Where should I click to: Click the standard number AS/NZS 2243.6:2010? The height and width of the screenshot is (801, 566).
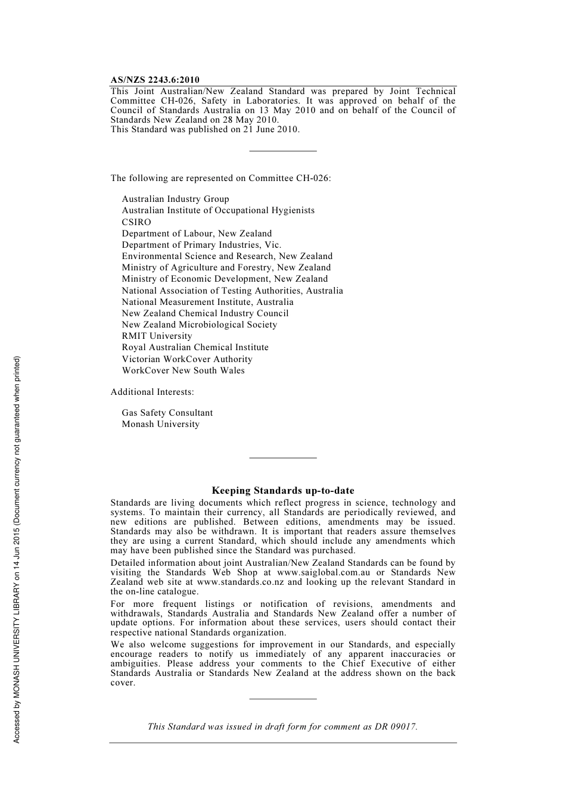point(155,80)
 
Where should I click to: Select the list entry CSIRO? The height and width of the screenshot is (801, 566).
point(136,222)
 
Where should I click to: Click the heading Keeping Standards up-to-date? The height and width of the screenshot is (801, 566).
point(283,491)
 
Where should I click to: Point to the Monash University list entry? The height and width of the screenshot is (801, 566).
point(160,424)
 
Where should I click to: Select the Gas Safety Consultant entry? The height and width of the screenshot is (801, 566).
point(167,413)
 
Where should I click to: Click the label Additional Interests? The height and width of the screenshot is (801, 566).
point(152,392)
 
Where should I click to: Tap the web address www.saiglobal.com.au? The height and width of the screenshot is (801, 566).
point(324,572)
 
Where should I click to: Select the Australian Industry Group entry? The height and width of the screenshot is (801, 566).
point(175,199)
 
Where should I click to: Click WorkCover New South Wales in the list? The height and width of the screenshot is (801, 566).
point(183,370)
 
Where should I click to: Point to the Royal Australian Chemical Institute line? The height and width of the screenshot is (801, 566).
point(195,347)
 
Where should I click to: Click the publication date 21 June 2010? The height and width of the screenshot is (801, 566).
point(270,129)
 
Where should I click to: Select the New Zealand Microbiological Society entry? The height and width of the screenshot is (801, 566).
point(199,325)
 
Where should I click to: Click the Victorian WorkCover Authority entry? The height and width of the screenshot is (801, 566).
point(187,359)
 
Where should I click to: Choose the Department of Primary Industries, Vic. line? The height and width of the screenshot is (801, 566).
point(201,245)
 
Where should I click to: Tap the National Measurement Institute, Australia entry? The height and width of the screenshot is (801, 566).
point(207,302)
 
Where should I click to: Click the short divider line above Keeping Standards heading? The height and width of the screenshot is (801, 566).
point(283,457)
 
